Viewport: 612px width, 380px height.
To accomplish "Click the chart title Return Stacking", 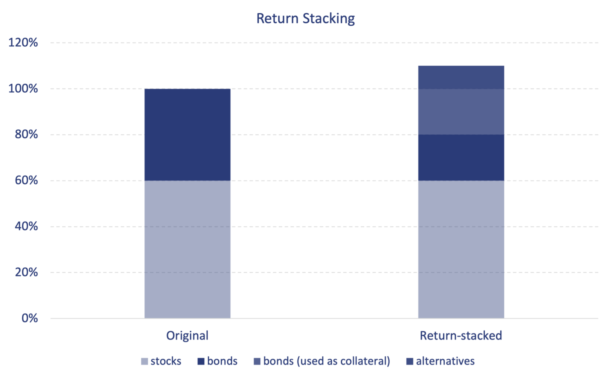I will click(306, 19).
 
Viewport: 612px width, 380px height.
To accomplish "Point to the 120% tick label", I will click(23, 42).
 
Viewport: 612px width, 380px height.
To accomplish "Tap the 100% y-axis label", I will click(23, 89).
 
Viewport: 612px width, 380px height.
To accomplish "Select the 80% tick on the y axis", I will click(27, 134).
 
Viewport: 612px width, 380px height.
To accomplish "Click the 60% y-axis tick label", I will click(27, 180).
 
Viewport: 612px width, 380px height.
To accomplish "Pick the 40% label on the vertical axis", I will click(27, 227).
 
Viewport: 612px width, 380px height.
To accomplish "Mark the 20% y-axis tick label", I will click(27, 272).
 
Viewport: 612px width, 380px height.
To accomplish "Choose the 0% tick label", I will click(30, 318).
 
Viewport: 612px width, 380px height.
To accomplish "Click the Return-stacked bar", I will click(461, 192).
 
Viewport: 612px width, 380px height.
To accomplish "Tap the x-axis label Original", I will click(187, 336).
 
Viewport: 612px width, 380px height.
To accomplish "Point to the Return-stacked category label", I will click(461, 336).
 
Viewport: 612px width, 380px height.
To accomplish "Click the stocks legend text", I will click(166, 361).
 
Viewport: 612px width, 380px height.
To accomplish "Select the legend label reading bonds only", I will click(222, 361).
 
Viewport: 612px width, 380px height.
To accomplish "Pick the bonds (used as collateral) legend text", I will click(326, 361).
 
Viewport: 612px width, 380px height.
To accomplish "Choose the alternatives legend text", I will click(445, 361).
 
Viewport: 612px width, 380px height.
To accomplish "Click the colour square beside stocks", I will click(144, 362).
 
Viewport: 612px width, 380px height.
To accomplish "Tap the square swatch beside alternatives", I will click(410, 362).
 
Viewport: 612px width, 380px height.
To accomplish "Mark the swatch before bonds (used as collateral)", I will click(257, 362).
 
